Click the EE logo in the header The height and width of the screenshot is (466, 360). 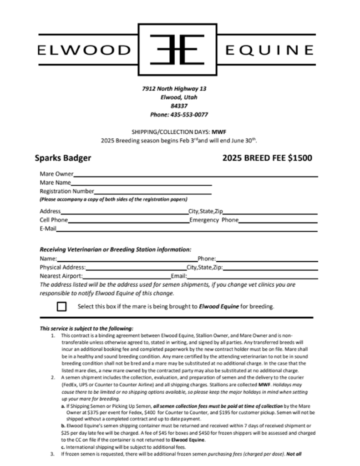point(180,49)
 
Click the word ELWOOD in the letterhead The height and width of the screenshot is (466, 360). point(84,49)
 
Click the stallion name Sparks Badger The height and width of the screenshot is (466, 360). point(63,158)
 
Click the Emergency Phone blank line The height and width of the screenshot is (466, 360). point(278,220)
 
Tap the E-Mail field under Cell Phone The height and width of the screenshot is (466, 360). point(187,229)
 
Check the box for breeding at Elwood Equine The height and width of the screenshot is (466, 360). point(62,306)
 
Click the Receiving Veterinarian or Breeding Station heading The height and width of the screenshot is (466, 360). point(116,249)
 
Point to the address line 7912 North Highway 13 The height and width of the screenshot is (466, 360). point(174,88)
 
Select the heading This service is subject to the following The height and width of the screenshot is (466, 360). point(86,328)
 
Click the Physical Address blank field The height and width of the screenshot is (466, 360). point(136,267)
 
